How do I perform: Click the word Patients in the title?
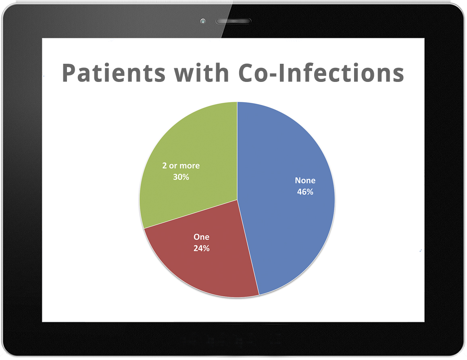113,73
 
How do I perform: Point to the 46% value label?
305,192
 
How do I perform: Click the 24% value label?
202,248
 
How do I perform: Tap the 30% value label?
181,177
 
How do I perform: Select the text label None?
305,180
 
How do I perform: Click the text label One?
201,237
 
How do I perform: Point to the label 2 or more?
181,166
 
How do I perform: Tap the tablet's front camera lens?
203,21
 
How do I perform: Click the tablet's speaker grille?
233,21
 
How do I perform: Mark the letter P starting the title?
68,73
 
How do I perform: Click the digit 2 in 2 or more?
165,166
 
